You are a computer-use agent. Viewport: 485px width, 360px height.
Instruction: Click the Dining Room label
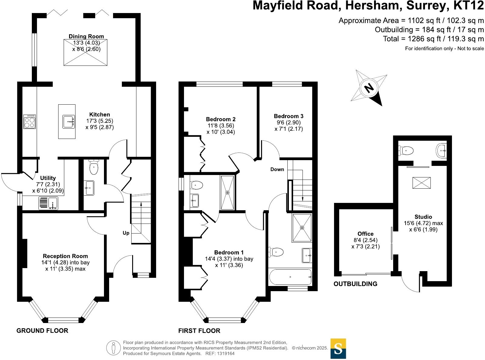[x=86, y=36]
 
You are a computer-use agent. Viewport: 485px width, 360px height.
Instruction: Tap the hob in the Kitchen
[x=29, y=122]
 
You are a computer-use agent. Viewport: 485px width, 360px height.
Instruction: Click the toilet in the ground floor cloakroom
[x=94, y=168]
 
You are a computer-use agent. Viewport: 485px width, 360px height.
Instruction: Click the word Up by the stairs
[x=126, y=233]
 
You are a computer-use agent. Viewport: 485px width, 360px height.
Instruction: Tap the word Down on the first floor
[x=277, y=169]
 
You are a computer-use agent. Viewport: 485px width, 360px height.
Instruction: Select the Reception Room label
[x=65, y=256]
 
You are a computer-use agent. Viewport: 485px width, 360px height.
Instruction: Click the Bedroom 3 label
[x=288, y=116]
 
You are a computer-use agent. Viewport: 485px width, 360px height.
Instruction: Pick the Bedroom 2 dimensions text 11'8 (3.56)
[x=220, y=126]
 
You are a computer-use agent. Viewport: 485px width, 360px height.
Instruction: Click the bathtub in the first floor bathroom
[x=290, y=277]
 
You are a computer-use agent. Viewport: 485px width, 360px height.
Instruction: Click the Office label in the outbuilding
[x=365, y=234]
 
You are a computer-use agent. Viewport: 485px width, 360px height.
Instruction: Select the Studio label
[x=423, y=217]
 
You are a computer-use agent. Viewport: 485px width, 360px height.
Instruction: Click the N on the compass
[x=369, y=88]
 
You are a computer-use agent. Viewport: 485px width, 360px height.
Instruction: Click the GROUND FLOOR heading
[x=42, y=331]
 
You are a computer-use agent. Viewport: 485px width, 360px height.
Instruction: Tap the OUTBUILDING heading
[x=355, y=284]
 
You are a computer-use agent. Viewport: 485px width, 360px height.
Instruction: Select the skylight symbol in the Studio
[x=421, y=183]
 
